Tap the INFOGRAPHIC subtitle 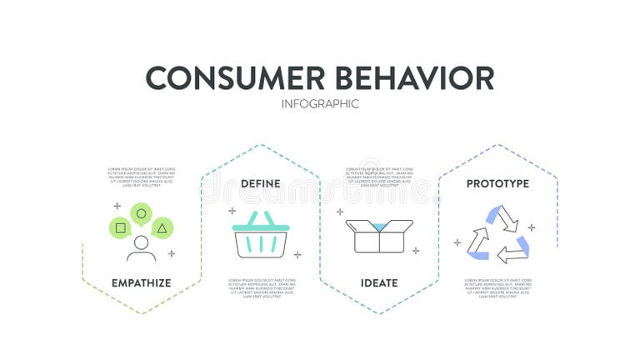click(320, 104)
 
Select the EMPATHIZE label click(141, 282)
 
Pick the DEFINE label click(260, 183)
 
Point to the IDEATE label click(379, 282)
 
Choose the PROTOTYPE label click(497, 183)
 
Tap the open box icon click(379, 236)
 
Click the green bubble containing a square click(121, 227)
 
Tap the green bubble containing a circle click(141, 213)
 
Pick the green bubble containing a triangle click(162, 227)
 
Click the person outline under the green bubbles click(141, 248)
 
